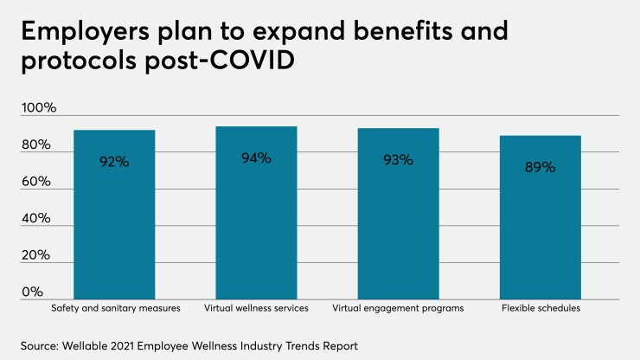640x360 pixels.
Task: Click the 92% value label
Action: click(x=113, y=161)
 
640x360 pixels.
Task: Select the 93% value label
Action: click(x=398, y=159)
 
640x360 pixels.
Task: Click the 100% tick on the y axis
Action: click(x=38, y=108)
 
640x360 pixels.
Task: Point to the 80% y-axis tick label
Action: click(x=38, y=145)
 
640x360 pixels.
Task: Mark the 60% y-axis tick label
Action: click(x=38, y=183)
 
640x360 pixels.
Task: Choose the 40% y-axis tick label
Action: click(x=38, y=220)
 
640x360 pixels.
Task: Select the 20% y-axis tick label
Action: click(x=38, y=256)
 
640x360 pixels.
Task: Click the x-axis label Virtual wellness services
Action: click(x=256, y=308)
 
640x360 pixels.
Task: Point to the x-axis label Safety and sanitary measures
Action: click(x=113, y=308)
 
